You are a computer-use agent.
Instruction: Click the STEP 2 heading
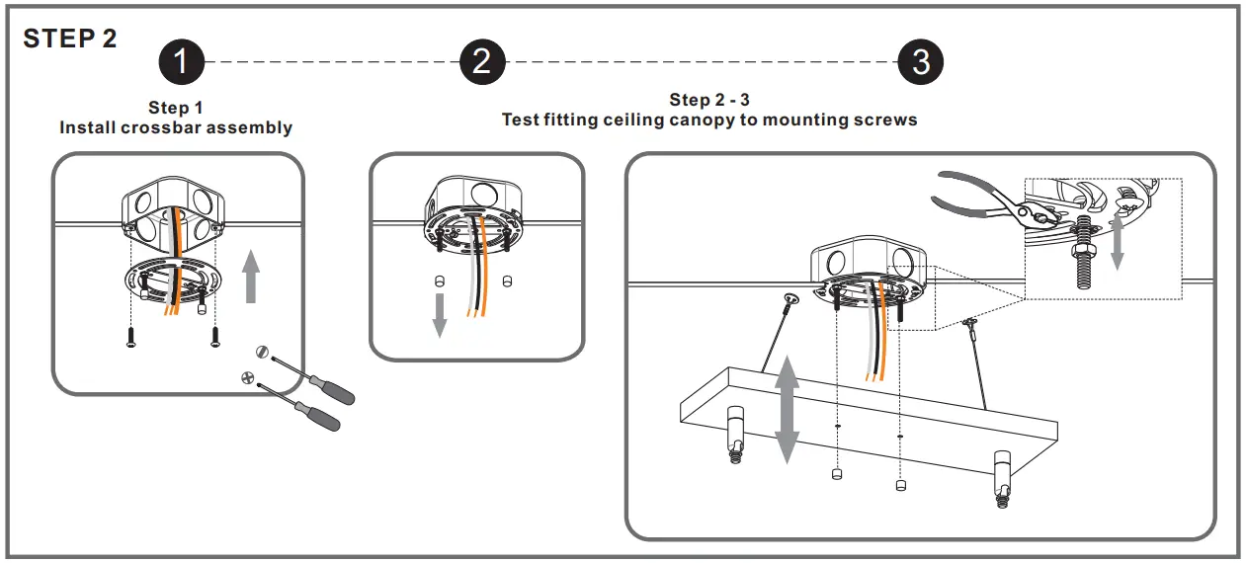[70, 39]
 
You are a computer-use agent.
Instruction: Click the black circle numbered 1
[181, 62]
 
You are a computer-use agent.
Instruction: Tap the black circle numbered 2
[481, 62]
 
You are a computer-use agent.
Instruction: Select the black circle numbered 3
[920, 62]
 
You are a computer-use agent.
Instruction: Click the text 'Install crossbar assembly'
[176, 127]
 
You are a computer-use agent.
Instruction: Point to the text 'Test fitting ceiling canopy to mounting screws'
[709, 120]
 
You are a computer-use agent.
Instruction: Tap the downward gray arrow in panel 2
[441, 313]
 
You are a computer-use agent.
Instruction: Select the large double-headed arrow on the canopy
[787, 411]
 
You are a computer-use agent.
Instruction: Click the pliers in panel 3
[978, 198]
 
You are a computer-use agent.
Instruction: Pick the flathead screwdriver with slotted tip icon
[306, 374]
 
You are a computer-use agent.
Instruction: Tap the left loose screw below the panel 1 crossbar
[130, 336]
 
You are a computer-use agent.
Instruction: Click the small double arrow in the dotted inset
[1118, 238]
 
